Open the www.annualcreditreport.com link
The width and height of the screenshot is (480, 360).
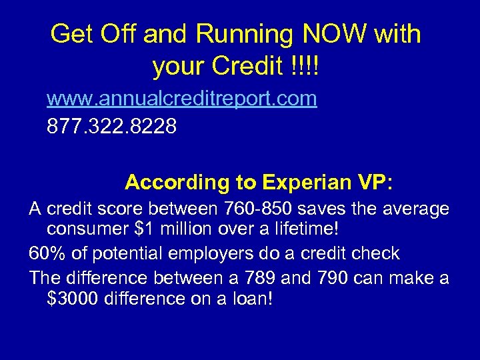click(181, 99)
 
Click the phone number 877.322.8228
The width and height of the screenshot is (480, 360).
click(112, 126)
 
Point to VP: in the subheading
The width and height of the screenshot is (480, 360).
click(376, 182)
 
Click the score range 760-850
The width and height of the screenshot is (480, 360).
click(264, 209)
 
